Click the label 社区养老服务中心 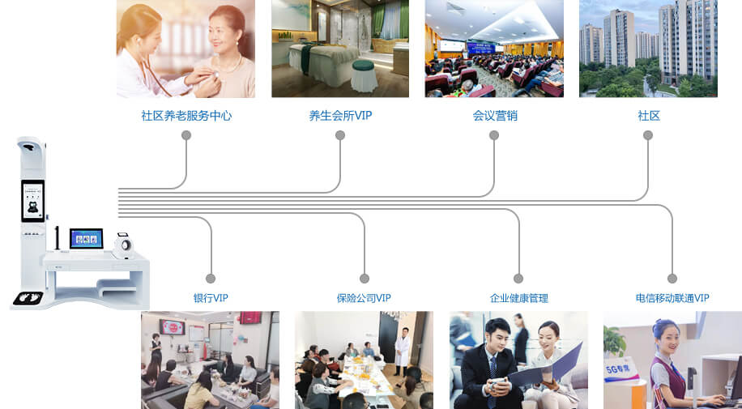(x=186, y=116)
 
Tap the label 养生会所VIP (x=340, y=116)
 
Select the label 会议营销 (x=494, y=116)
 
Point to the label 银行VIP (x=211, y=298)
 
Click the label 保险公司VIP (x=364, y=298)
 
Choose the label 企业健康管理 (x=518, y=298)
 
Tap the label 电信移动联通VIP (x=672, y=298)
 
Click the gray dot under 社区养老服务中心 (x=186, y=135)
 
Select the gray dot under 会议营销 (x=494, y=135)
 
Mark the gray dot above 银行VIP (x=211, y=279)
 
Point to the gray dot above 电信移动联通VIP (x=672, y=279)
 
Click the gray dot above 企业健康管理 (x=518, y=279)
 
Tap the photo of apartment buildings (x=648, y=49)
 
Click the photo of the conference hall (x=494, y=49)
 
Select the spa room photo (x=340, y=49)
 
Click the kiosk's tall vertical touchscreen (x=32, y=200)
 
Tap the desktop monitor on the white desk (x=87, y=238)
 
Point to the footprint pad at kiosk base (x=26, y=297)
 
